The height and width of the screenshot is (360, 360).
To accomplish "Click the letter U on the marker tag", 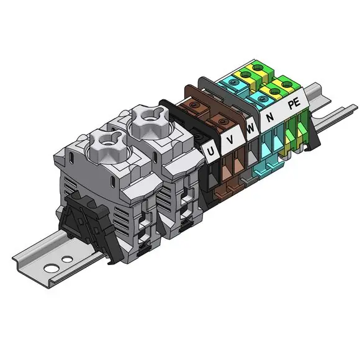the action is coord(210,151).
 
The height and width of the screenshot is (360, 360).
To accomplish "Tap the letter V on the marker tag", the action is coord(230,139).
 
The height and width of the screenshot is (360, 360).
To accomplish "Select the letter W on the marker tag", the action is coord(250,128).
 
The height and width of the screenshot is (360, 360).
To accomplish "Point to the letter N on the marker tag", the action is coord(270,117).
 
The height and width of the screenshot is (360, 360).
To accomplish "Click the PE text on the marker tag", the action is coord(294,103).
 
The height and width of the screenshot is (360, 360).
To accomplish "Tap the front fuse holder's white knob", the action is coord(107,146).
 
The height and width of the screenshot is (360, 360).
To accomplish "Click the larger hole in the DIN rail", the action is coord(52,268).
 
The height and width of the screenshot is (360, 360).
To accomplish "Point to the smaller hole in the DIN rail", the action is coord(67,259).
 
